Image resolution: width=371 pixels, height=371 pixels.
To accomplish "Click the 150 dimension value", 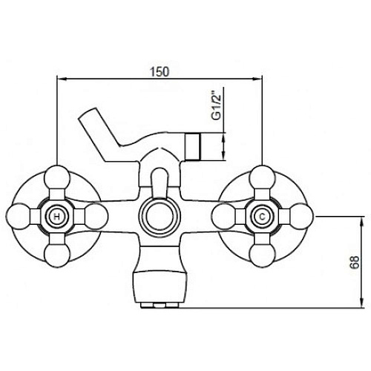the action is [160, 72].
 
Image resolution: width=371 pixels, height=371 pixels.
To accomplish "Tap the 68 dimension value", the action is [355, 262].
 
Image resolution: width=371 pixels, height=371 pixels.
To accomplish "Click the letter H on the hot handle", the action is [57, 217].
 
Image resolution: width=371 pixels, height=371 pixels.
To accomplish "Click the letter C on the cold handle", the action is [262, 217].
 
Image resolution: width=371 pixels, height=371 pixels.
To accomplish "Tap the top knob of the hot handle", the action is [57, 177].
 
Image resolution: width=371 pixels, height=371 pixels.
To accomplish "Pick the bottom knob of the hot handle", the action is [57, 255].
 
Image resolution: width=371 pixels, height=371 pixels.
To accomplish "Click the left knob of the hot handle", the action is [18, 217].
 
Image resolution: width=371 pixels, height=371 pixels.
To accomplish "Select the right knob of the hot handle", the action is [96, 217].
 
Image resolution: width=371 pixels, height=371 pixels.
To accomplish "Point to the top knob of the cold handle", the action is [262, 177].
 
